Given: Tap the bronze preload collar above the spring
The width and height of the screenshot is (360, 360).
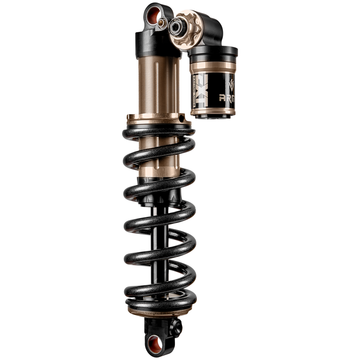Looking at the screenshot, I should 158,119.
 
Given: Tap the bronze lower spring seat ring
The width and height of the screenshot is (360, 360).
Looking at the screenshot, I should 161,308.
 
